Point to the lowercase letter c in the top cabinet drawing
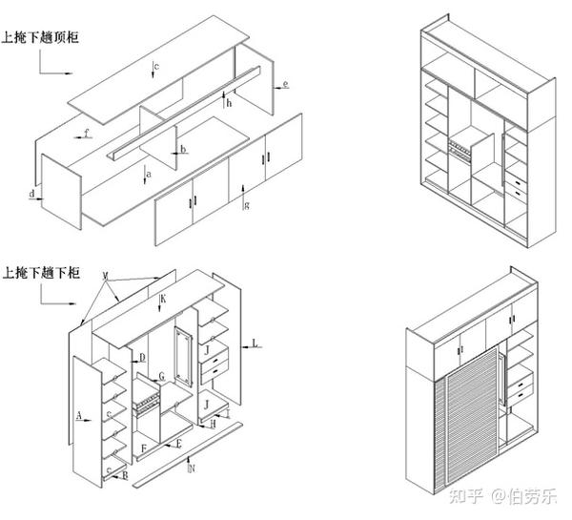coord(156,65)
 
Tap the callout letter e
coord(286,86)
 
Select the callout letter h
coord(230,103)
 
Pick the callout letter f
coord(87,134)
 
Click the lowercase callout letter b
coord(184,150)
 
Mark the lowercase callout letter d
coord(31,195)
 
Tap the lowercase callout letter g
coord(247,205)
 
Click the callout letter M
coord(107,276)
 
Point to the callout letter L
coord(255,341)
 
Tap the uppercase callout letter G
coord(162,377)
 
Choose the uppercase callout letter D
coord(142,358)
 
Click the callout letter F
coord(143,447)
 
